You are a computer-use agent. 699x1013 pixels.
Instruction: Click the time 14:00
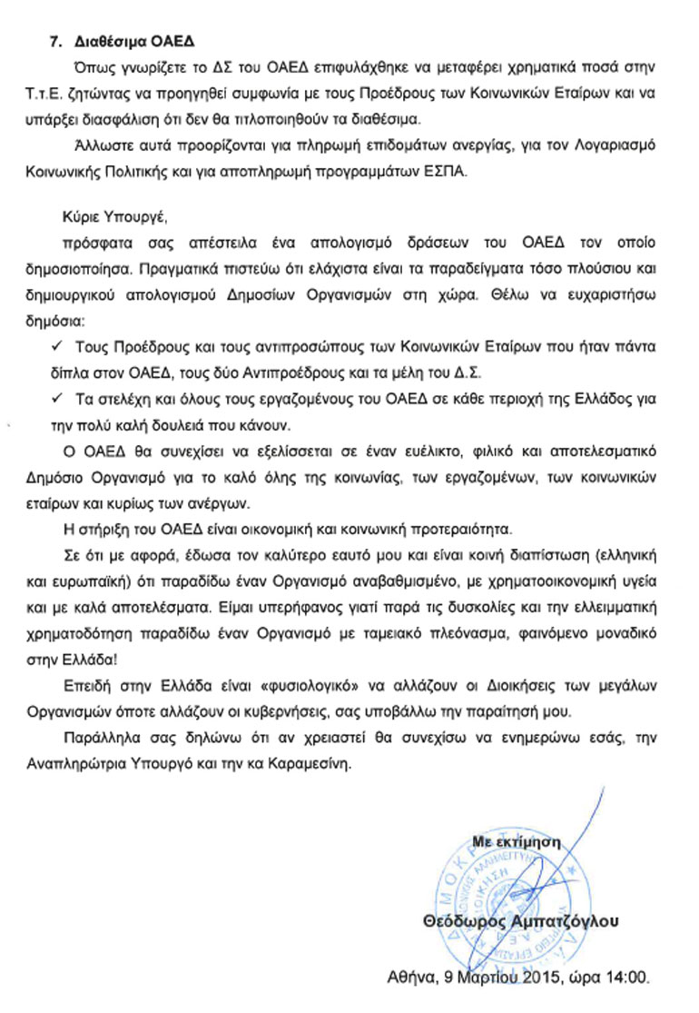tap(632, 979)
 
